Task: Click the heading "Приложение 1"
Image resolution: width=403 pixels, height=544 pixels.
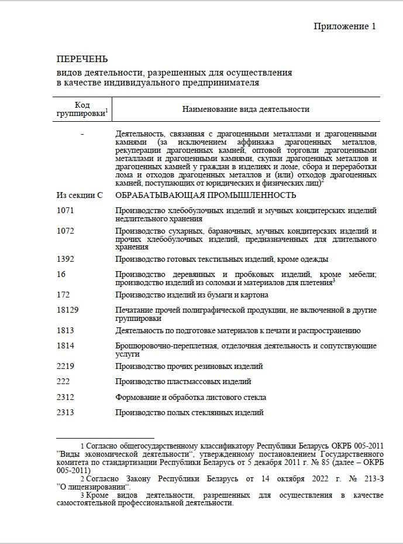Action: (345, 26)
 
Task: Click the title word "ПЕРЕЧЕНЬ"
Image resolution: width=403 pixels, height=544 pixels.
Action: (82, 60)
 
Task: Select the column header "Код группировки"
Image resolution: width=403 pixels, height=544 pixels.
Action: (82, 108)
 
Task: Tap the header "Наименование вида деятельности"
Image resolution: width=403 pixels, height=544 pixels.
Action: (246, 109)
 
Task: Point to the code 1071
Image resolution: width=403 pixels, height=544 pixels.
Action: (66, 210)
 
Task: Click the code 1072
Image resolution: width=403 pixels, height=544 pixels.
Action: (66, 231)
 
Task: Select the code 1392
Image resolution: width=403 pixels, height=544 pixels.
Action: (66, 259)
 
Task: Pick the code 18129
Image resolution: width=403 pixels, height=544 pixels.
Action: (68, 310)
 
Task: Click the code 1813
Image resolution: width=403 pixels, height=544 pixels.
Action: (66, 330)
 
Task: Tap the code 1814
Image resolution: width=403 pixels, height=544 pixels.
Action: (66, 346)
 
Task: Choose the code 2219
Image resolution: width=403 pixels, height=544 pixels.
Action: (66, 366)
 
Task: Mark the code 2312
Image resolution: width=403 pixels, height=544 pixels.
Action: (66, 397)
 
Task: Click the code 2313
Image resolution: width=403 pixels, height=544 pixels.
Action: (66, 412)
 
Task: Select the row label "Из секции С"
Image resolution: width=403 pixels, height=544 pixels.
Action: (80, 195)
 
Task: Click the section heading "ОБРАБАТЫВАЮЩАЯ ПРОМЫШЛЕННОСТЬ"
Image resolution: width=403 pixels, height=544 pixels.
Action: (206, 195)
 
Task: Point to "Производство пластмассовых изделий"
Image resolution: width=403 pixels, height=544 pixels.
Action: (183, 381)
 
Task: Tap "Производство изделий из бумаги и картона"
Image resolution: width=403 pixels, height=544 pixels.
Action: (192, 295)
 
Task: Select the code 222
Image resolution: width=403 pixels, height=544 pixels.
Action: (63, 381)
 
